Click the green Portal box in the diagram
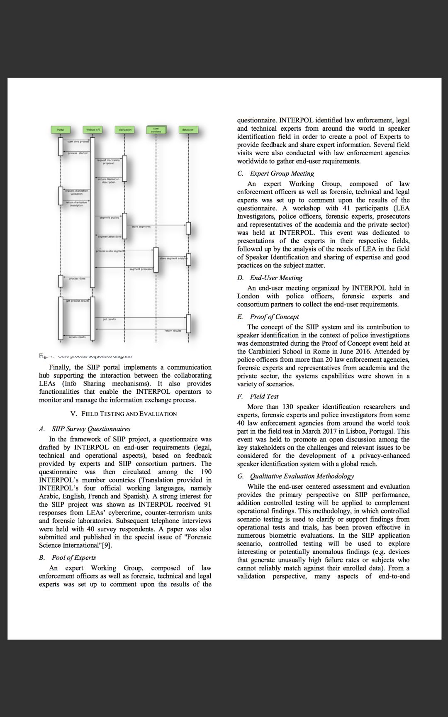tap(61, 130)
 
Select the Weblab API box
tap(93, 130)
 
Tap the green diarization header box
tap(125, 130)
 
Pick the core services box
tap(156, 130)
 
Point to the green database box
tap(188, 130)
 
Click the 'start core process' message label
tap(78, 142)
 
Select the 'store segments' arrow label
tap(141, 227)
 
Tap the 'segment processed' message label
tap(141, 269)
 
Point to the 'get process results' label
tap(78, 300)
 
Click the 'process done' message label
tap(77, 278)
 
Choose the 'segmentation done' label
tap(110, 237)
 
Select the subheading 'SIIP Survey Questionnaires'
tap(91, 429)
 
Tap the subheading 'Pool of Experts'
tap(74, 557)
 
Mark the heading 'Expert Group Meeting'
tap(282, 173)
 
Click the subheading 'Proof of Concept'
tap(275, 317)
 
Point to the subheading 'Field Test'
tap(264, 396)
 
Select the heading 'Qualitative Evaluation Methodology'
tap(302, 476)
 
